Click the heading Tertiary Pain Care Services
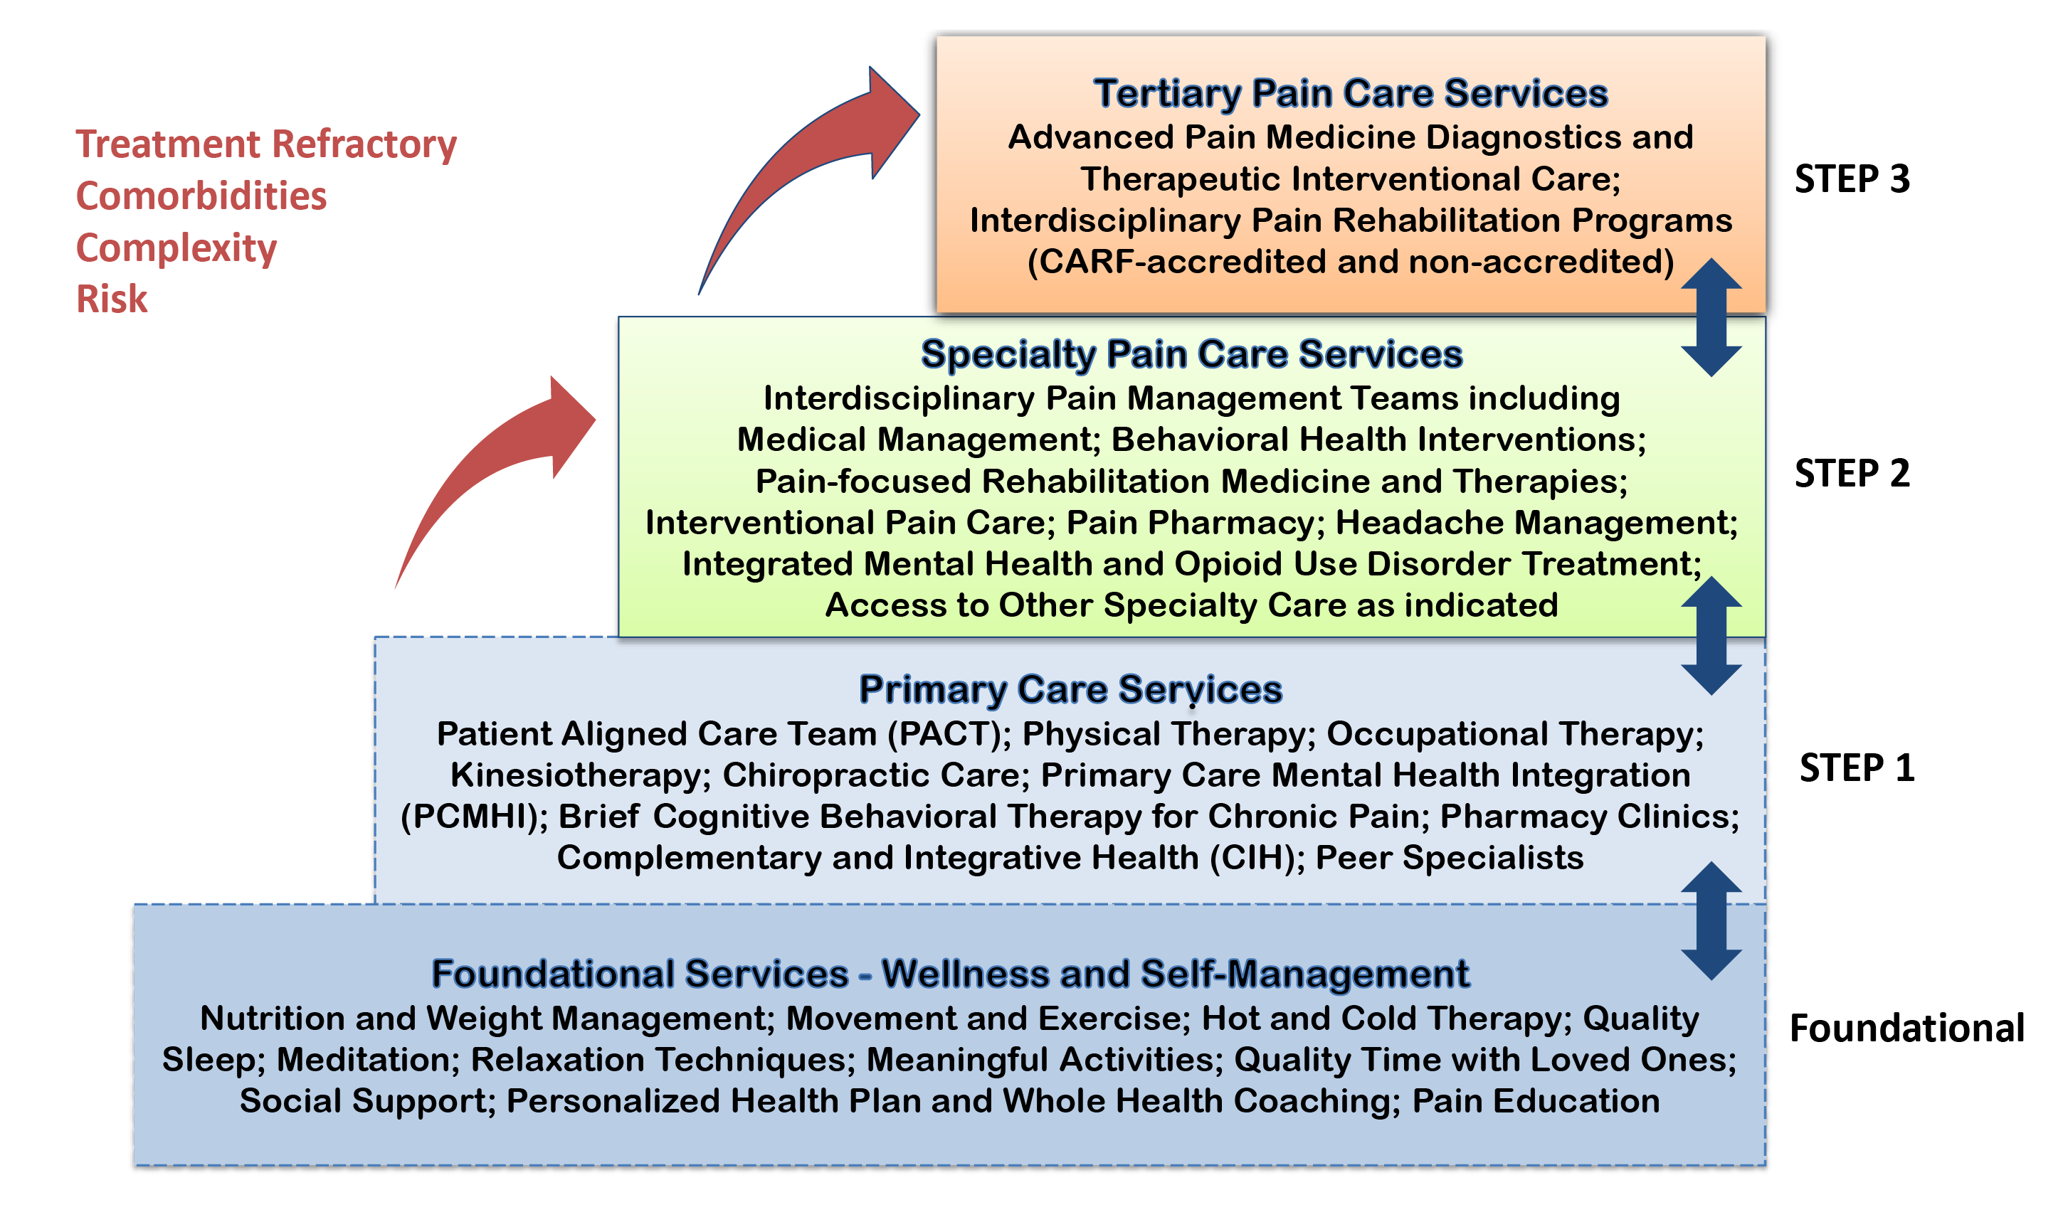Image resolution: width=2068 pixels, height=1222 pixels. [1350, 93]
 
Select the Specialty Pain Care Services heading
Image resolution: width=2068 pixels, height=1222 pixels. [1191, 354]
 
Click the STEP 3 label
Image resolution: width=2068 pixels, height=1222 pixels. [1852, 179]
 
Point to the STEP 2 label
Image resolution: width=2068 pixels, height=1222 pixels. [1852, 473]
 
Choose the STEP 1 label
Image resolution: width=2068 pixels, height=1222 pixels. [1857, 767]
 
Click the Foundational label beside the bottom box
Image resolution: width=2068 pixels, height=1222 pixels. [1906, 1028]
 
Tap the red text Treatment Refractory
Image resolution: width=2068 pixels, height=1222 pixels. [266, 145]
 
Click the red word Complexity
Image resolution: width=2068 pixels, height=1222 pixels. [176, 248]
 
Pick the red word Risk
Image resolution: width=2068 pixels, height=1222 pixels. [111, 299]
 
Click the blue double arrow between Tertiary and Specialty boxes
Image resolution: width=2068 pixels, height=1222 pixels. [1711, 318]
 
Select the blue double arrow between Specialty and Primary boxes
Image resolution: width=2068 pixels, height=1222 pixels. [1711, 636]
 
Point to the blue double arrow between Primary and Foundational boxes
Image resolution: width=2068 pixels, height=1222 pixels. [1711, 920]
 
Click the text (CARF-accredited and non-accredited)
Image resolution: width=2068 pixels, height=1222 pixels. [1351, 262]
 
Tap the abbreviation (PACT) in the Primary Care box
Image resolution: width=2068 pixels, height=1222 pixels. [949, 733]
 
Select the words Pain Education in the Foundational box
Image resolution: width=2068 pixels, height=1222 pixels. [1535, 1101]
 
